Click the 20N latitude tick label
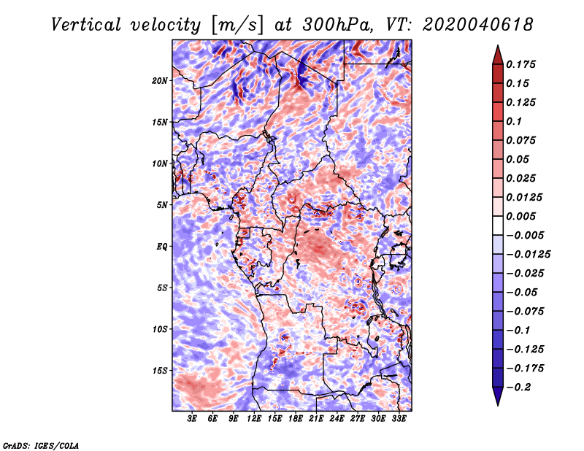coord(160,80)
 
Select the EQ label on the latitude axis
coord(161,247)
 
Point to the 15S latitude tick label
coord(160,371)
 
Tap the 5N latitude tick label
coord(162,205)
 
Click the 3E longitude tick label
coord(193,419)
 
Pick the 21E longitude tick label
coord(317,419)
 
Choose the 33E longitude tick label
coord(399,419)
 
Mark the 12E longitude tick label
coord(255,419)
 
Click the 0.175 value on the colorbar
coord(523,64)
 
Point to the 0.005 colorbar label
coord(523,216)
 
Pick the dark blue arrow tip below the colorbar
coord(497,398)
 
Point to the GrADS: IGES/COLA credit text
coord(41,444)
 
